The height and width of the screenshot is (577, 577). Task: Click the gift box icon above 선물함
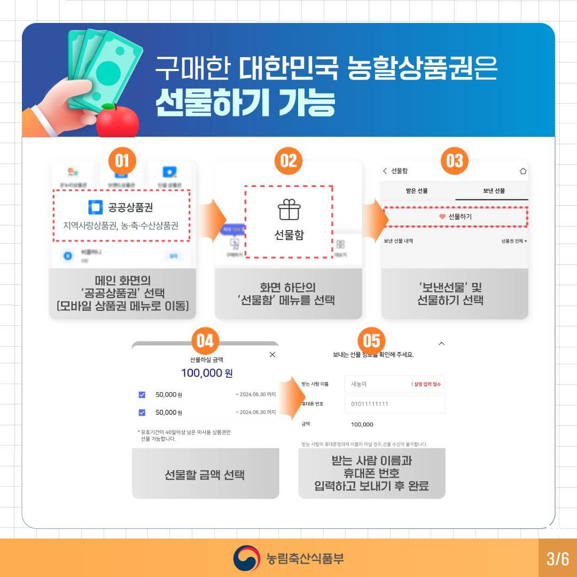click(x=288, y=210)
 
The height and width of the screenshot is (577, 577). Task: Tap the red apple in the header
click(x=117, y=121)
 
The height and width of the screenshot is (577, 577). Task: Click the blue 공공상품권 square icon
click(x=95, y=207)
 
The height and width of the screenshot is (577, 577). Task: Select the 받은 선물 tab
click(x=417, y=191)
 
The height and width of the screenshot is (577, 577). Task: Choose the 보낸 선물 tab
click(x=492, y=191)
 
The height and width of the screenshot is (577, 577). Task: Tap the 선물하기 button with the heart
click(x=455, y=217)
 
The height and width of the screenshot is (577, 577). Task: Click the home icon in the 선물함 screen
click(x=523, y=171)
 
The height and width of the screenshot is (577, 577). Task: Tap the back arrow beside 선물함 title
click(x=385, y=171)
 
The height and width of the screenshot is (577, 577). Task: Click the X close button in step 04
click(x=272, y=354)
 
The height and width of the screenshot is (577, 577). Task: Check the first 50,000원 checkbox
click(x=142, y=395)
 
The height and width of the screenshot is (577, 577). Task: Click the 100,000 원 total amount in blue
click(x=206, y=373)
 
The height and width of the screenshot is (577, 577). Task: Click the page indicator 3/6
click(x=557, y=559)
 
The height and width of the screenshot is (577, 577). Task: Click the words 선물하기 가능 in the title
click(x=245, y=102)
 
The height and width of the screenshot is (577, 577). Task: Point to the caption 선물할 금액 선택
click(x=205, y=474)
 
